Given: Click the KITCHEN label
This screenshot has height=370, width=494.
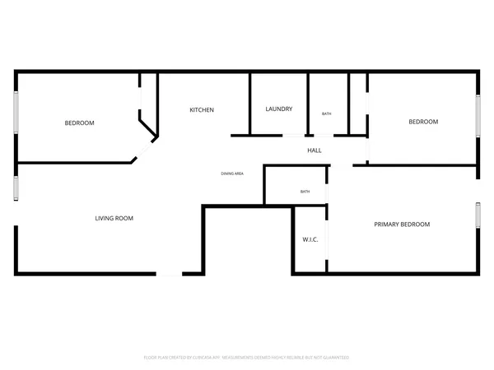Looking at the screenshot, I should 202,109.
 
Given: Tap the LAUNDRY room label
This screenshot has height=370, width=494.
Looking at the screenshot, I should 278,109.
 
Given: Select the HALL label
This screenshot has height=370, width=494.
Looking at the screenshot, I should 314,150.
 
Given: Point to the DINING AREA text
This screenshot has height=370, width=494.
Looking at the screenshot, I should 231,173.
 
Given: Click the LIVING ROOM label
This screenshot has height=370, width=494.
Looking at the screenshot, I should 114,218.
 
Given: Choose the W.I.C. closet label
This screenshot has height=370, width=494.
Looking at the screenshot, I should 310,239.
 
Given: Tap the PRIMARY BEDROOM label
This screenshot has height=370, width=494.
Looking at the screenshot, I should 402,224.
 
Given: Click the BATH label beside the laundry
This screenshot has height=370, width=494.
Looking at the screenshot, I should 327,113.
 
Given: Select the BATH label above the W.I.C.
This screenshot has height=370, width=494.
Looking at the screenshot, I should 305,192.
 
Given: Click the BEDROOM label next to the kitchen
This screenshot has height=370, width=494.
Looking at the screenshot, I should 79,123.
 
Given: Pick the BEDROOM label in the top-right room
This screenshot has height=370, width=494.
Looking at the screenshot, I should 423,122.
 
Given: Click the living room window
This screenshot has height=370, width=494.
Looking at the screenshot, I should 15,187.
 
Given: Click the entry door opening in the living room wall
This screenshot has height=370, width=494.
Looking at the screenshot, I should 170,273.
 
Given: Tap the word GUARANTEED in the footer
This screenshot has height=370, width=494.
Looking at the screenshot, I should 336,358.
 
